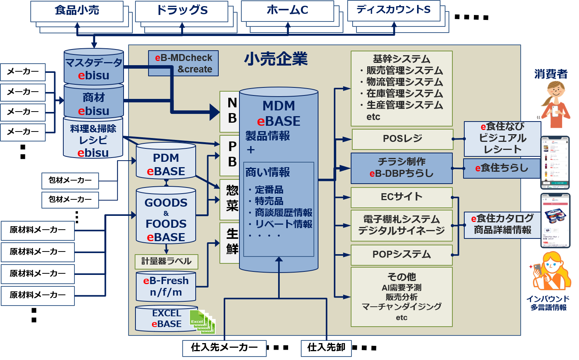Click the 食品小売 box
77,11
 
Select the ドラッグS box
181,11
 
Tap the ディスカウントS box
393,10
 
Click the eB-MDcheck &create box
183,63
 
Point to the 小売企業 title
276,59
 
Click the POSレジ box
402,139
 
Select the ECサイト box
401,197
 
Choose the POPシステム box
401,255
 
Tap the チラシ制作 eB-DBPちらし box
401,168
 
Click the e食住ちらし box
501,168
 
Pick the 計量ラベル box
167,261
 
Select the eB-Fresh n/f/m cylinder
166,286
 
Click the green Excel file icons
202,322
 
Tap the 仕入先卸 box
326,348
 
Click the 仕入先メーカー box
224,348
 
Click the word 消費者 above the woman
551,74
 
